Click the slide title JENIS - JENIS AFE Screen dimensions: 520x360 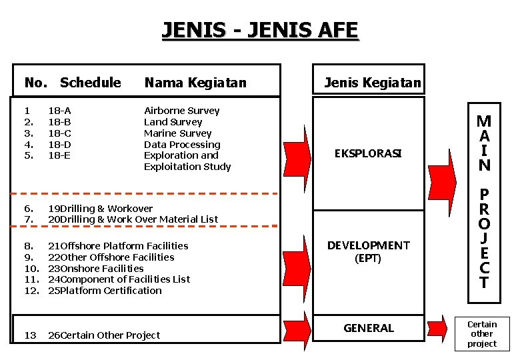(x=260, y=30)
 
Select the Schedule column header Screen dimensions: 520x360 (x=90, y=83)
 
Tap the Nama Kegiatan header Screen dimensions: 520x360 (x=195, y=83)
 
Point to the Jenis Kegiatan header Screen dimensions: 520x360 (x=372, y=83)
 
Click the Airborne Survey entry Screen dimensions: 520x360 (x=181, y=111)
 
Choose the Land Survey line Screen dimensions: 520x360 (x=173, y=122)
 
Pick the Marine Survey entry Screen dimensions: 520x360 (x=177, y=133)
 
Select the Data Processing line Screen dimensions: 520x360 (x=182, y=145)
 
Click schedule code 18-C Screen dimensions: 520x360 (x=59, y=133)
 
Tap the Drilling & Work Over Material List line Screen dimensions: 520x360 (x=139, y=219)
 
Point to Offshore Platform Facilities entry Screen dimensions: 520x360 (x=124, y=246)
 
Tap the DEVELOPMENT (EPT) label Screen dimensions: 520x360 (x=368, y=252)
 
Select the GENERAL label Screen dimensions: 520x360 (x=368, y=328)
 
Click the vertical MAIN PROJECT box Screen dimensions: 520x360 (x=484, y=200)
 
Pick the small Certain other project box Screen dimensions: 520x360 (x=481, y=334)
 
